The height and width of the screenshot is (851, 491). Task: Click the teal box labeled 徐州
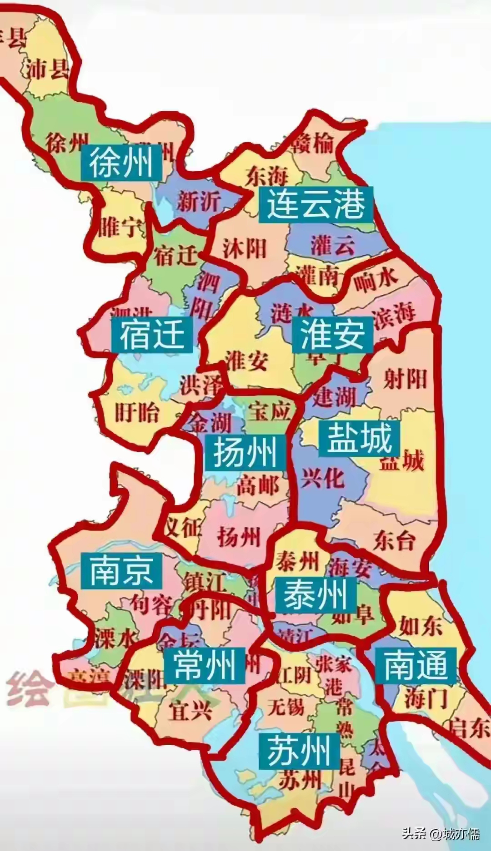point(121,163)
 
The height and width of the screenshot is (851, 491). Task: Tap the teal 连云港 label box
point(316,204)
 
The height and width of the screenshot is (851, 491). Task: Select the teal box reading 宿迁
point(152,334)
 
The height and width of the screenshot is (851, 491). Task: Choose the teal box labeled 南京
point(121,571)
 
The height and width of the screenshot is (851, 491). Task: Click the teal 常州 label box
point(204,666)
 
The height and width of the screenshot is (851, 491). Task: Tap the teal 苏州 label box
point(299,751)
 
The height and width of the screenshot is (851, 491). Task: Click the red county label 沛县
point(47,69)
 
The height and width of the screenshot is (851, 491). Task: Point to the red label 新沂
point(199,201)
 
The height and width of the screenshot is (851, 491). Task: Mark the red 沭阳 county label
point(244,249)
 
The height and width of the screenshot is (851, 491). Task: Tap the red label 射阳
point(405,378)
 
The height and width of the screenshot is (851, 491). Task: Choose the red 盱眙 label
point(136,413)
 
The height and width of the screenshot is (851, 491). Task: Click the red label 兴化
point(322,478)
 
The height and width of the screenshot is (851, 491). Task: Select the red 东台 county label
point(395,540)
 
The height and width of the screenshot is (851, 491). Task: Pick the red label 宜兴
point(190,710)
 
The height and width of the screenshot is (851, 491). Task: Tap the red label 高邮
point(257,486)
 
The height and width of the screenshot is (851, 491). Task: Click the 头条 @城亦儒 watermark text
point(441,833)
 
